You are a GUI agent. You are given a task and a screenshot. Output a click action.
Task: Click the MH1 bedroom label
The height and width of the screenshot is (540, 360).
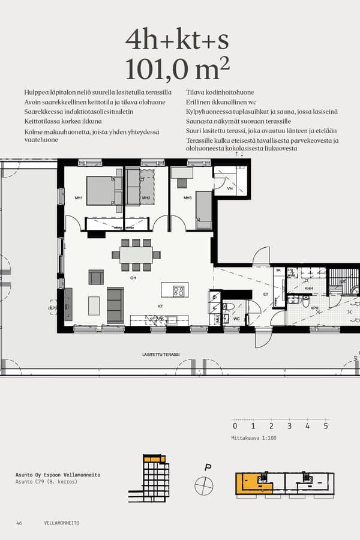pyautogui.click(x=79, y=198)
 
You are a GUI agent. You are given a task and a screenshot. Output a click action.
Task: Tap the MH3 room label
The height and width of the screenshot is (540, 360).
pyautogui.click(x=187, y=198)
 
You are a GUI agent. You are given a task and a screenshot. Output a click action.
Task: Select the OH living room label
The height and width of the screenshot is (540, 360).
pyautogui.click(x=133, y=278)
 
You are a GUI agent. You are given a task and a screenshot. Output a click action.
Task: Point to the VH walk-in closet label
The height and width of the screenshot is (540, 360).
pyautogui.click(x=230, y=188)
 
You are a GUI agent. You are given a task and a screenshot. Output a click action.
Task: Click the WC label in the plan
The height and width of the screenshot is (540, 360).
pyautogui.click(x=237, y=319)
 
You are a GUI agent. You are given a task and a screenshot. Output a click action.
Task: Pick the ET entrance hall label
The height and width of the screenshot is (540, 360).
pyautogui.click(x=266, y=295)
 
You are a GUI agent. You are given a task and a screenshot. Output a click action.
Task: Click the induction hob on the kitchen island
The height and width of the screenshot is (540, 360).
pyautogui.click(x=179, y=291)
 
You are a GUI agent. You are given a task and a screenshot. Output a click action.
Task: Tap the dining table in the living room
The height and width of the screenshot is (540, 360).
pyautogui.click(x=136, y=255)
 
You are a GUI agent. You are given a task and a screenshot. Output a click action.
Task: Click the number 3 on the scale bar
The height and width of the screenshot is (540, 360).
pyautogui.click(x=289, y=427)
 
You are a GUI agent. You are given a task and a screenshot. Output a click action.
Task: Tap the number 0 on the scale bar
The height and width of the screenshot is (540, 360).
pyautogui.click(x=235, y=427)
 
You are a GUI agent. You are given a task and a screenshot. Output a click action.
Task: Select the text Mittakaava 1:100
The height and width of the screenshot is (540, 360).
pyautogui.click(x=254, y=438)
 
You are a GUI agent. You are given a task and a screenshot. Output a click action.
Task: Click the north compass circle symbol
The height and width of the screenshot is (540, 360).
pyautogui.click(x=204, y=485)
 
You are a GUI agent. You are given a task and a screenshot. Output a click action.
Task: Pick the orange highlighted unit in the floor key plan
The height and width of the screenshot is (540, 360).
pyautogui.click(x=252, y=484)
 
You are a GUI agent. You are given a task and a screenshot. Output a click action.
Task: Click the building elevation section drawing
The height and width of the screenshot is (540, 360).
pyautogui.click(x=147, y=478)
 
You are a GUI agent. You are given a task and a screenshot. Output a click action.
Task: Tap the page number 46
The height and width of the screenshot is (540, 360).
pyautogui.click(x=19, y=523)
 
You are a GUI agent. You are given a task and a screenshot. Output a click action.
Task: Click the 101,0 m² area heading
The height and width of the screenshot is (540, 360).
pyautogui.click(x=177, y=69)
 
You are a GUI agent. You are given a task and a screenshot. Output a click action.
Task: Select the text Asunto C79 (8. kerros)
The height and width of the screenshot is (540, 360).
pyautogui.click(x=46, y=482)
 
